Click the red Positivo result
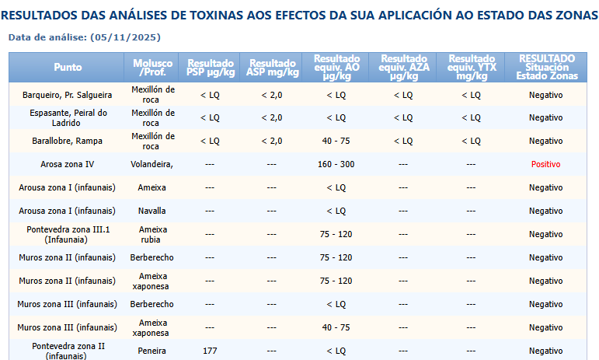(545, 164)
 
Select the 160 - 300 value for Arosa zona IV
(336, 164)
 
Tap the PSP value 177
(210, 351)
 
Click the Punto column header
(68, 68)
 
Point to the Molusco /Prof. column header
(152, 68)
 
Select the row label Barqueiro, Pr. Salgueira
(68, 94)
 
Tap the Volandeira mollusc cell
(152, 164)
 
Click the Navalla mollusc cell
(152, 211)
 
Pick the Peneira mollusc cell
(152, 351)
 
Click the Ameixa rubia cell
(152, 234)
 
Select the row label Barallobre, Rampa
(68, 141)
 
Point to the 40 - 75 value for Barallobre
(336, 141)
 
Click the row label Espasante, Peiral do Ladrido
(68, 117)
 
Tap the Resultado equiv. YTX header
(472, 68)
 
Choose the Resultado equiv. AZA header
(404, 68)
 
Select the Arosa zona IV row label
(68, 164)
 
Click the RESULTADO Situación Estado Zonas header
(547, 68)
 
